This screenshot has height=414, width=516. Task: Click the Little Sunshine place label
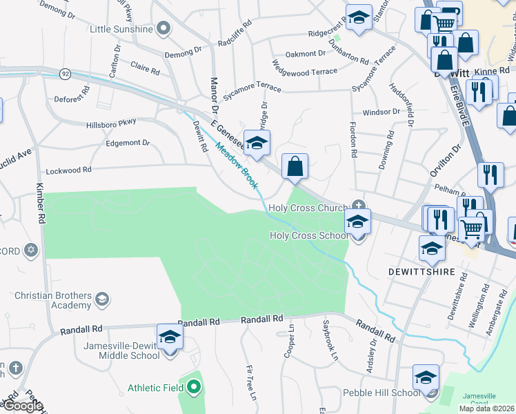point(121,29)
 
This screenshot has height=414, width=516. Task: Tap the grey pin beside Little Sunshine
point(163,28)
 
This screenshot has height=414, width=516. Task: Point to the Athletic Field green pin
point(194,387)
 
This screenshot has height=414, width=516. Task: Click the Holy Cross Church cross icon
point(358,205)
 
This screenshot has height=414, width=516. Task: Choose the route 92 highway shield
point(66,72)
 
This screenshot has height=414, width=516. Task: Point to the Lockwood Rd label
point(68,170)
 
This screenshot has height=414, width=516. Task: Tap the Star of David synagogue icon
point(30,250)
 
